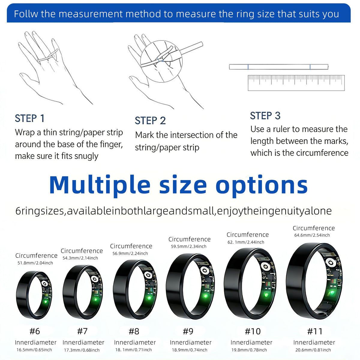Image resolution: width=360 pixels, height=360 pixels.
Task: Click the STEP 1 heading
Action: coord(29,118)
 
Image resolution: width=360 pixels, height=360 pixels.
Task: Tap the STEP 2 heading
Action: coord(150,121)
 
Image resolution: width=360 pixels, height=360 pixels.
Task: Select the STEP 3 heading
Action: coord(265,115)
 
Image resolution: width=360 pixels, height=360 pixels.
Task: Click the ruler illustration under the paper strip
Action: coord(296,83)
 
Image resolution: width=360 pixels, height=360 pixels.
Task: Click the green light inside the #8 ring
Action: coord(149,298)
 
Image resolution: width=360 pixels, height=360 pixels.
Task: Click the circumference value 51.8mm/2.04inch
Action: coord(35,263)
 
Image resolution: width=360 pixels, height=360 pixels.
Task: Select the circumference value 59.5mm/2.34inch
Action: coord(189,246)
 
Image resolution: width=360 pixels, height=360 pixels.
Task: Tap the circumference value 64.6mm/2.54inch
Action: coord(312,235)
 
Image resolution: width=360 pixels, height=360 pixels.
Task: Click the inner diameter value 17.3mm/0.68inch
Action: coord(82,350)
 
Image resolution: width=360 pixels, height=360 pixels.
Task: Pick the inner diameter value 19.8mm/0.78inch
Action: coord(249,350)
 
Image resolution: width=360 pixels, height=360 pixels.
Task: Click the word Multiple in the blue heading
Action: coord(100,185)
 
